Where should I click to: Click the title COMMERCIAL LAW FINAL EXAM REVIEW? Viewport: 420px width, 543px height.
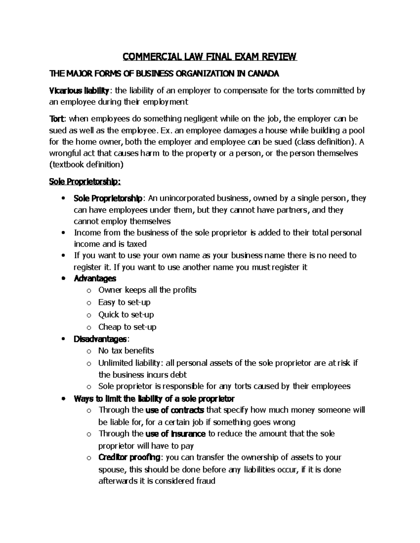[209, 57]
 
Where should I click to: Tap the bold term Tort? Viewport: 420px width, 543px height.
[57, 119]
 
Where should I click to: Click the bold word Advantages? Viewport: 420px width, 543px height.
[95, 279]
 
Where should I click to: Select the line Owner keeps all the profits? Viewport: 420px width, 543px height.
[147, 290]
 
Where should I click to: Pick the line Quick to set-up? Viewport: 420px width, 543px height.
[126, 315]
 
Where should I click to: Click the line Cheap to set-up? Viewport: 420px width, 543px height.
[127, 327]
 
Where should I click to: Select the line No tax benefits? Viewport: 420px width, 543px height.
[126, 351]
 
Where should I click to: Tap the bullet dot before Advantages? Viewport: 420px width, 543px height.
[63, 279]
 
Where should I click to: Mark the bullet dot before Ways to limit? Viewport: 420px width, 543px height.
[63, 399]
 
